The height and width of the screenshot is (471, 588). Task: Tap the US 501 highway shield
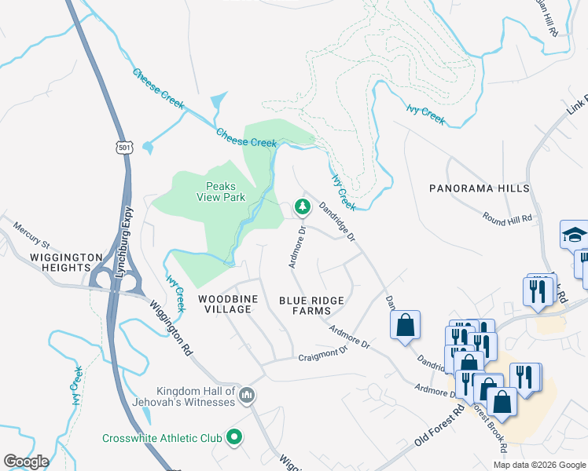coord(124,146)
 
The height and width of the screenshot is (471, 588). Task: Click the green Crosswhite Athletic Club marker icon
coord(233,436)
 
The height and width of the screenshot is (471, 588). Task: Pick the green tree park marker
coord(301,207)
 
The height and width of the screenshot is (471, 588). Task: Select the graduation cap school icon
coord(574,235)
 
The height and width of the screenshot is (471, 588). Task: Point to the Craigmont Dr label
coord(322,354)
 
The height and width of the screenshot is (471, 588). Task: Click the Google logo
coord(26,461)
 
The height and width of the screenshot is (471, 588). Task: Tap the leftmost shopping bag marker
coord(405,326)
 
